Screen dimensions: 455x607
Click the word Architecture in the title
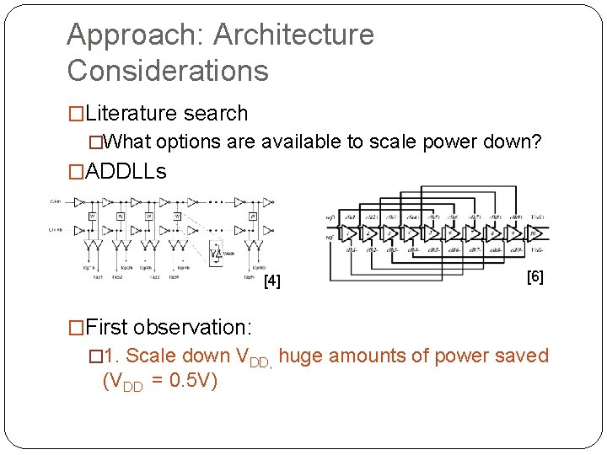(293, 35)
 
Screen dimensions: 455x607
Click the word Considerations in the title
(168, 71)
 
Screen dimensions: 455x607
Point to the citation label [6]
(534, 276)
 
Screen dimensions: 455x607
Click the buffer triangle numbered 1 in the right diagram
(346, 233)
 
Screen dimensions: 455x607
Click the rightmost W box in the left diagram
(252, 216)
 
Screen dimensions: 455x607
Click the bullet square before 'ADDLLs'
(76, 172)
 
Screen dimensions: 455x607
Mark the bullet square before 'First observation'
(76, 327)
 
